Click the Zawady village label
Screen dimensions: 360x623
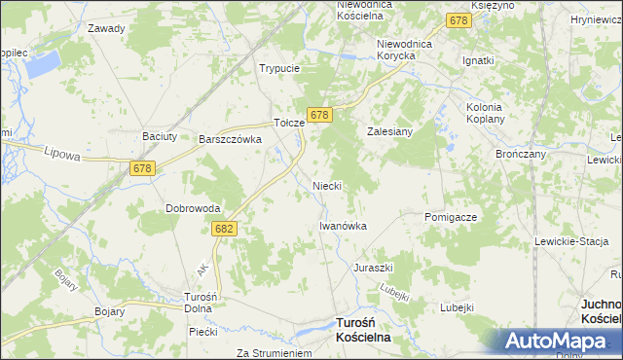click(x=106, y=28)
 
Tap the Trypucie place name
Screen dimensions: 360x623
click(x=278, y=69)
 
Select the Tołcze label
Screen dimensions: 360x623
click(x=289, y=124)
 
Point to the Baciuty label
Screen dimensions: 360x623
click(x=160, y=136)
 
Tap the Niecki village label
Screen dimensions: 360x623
click(x=326, y=185)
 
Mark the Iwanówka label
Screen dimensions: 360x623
click(x=343, y=226)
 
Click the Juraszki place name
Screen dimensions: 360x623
click(x=373, y=267)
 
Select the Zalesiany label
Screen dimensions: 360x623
click(x=390, y=130)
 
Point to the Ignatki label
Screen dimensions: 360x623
click(x=479, y=60)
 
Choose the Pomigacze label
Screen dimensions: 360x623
click(x=451, y=217)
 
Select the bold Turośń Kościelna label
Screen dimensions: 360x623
click(x=362, y=329)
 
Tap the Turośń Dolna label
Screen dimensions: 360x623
click(x=199, y=303)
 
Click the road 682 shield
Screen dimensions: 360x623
click(x=224, y=228)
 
